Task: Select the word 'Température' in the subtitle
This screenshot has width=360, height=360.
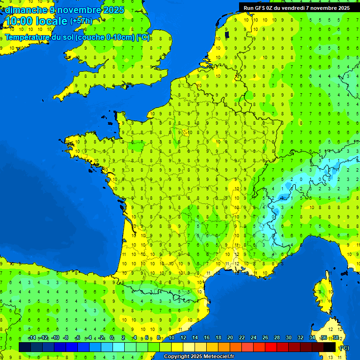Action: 29,37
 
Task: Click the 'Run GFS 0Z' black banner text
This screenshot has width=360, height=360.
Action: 264,8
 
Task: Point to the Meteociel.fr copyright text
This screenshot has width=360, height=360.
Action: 198,356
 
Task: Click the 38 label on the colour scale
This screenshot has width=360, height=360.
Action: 336,337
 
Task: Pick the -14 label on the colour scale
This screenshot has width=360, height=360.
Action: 32,337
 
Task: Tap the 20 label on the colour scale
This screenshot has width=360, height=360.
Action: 230,337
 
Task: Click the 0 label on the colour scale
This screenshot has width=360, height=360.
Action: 112,337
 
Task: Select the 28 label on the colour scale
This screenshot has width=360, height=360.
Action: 277,337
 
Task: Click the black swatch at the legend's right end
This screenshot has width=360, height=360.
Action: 330,347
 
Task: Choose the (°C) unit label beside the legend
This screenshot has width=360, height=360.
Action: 344,347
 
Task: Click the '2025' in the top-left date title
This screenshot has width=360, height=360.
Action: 114,10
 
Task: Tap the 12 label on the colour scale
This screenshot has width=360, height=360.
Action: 183,337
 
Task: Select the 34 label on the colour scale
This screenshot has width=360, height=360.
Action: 312,337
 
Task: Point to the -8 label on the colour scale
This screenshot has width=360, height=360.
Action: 66,337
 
